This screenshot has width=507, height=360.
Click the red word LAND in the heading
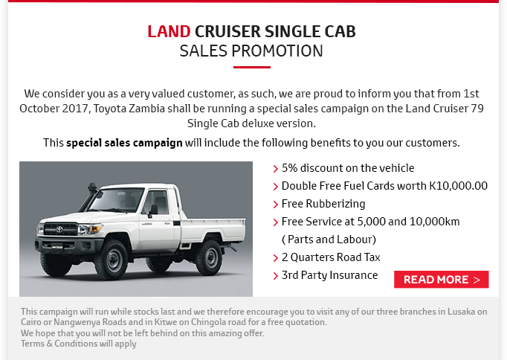pyautogui.click(x=169, y=32)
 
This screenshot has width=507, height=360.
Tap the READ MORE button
pyautogui.click(x=442, y=280)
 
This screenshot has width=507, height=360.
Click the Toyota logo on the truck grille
pyautogui.click(x=59, y=230)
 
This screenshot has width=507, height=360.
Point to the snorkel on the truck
pyautogui.click(x=89, y=196)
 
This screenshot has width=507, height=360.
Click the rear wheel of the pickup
pyautogui.click(x=210, y=257)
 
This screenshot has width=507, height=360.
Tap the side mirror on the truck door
pyautogui.click(x=153, y=210)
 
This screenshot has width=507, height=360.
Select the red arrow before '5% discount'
pyautogui.click(x=276, y=169)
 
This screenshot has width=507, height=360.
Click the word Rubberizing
pyautogui.click(x=335, y=204)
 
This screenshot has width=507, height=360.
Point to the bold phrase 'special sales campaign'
pyautogui.click(x=124, y=143)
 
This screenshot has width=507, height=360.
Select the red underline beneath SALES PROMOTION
pyautogui.click(x=252, y=67)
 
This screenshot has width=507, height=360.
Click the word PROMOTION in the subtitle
pyautogui.click(x=277, y=51)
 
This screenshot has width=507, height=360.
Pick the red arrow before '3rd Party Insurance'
pyautogui.click(x=276, y=276)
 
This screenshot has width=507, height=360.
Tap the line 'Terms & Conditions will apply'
pyautogui.click(x=79, y=344)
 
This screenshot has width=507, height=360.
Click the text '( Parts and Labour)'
pyautogui.click(x=329, y=240)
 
